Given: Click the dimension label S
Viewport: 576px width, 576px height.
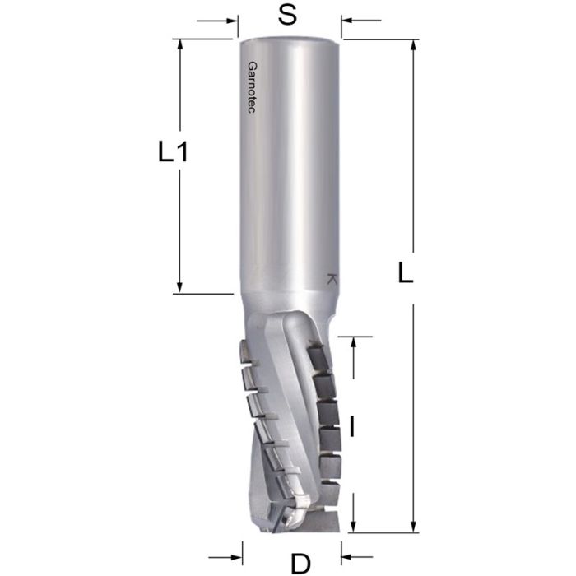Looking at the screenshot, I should coord(287,16).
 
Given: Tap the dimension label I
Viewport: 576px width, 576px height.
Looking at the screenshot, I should coord(352,426).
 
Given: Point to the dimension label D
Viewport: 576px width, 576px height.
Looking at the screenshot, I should coord(301,563).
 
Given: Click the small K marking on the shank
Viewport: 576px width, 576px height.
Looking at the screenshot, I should coord(332,279).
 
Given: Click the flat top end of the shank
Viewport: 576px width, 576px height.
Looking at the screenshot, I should coord(289,37).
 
